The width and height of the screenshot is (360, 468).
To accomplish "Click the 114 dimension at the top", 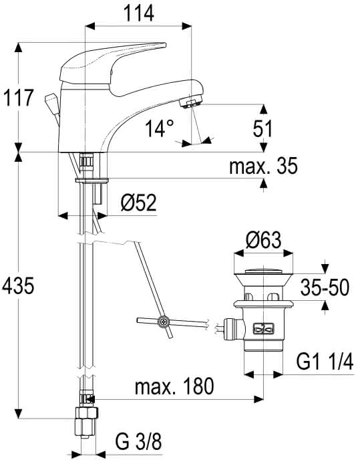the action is (139, 13).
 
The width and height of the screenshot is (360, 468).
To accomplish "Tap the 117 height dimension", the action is (18, 98).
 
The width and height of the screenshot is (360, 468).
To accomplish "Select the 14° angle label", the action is (160, 128).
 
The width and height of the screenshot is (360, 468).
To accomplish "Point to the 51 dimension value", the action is (262, 129).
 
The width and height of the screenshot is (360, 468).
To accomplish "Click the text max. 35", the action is (263, 166).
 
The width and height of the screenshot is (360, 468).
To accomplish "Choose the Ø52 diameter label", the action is (139, 203).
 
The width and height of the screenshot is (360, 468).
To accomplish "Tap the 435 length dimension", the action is (18, 285).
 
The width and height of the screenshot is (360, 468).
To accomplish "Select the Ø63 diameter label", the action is (263, 240).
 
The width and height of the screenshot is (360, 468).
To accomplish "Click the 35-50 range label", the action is (325, 287).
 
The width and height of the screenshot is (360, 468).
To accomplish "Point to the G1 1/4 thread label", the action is (325, 362).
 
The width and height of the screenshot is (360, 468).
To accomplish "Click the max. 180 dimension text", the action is (174, 386).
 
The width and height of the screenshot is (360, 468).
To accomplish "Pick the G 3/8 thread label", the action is (138, 442).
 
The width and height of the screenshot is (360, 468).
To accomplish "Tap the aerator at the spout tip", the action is (192, 103).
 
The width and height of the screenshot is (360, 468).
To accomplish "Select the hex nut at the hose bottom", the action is (86, 413).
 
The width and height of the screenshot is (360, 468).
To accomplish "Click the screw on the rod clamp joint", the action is (163, 322).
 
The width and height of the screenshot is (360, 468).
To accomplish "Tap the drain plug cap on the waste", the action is (263, 271).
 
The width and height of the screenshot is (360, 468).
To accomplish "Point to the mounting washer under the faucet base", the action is (92, 180).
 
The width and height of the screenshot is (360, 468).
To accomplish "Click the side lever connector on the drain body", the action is (233, 330).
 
